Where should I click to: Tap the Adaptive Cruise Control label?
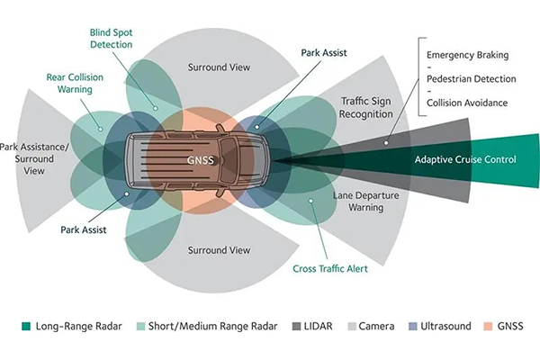[x=464, y=159]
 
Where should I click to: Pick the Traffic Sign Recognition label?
[x=366, y=108]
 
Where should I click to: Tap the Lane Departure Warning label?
[x=358, y=201]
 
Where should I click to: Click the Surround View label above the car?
[x=218, y=67]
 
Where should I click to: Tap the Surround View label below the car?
[x=218, y=249]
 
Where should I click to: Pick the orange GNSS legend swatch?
[x=489, y=326]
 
